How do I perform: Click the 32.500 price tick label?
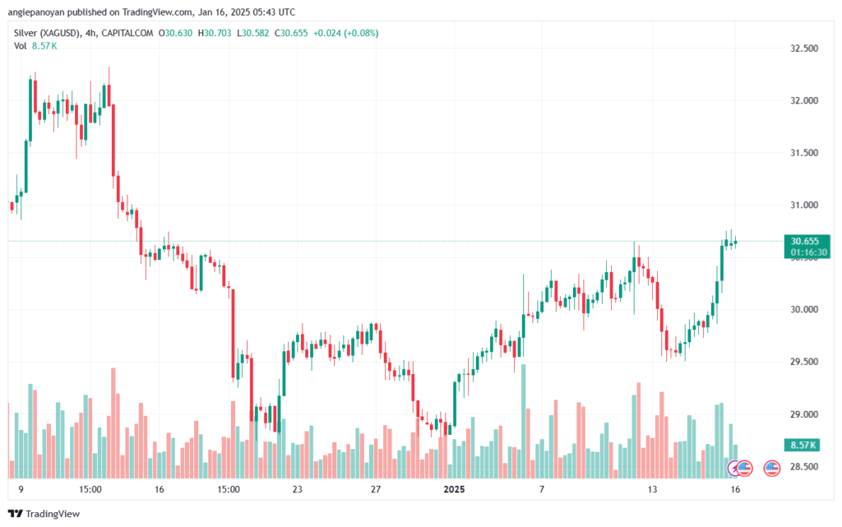click(804, 49)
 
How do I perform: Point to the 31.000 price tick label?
click(804, 205)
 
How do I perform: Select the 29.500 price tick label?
click(804, 362)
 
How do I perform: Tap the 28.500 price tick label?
click(804, 466)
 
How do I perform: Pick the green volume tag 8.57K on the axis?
click(803, 445)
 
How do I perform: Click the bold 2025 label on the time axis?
click(454, 489)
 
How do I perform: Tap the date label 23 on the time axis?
click(297, 489)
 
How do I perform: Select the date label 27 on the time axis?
click(376, 489)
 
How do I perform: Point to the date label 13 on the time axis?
click(652, 489)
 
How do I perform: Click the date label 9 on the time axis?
click(21, 489)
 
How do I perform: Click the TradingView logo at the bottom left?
click(44, 514)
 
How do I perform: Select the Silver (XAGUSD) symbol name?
click(48, 33)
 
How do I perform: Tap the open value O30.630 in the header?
click(176, 33)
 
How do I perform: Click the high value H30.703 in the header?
click(215, 33)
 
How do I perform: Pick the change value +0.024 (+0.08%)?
click(346, 33)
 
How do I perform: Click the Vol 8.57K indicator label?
click(35, 46)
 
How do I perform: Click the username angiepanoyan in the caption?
click(36, 12)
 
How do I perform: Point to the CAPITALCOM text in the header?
click(127, 33)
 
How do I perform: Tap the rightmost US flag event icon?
click(771, 469)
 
